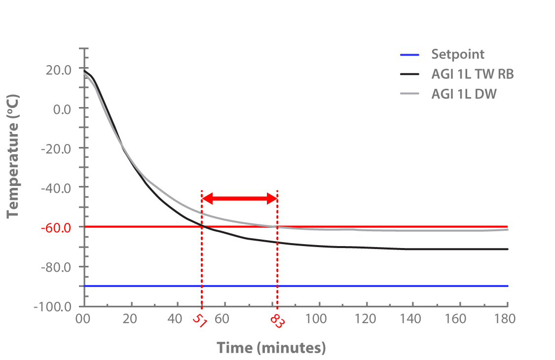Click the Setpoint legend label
pos(458,55)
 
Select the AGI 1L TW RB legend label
pos(473,74)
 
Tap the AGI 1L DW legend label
pos(463,93)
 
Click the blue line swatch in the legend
pos(410,55)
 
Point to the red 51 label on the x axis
pos(200,322)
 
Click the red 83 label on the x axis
pos(277,322)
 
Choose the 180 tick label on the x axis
pos(505,319)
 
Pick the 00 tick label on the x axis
pos(84,319)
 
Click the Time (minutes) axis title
pos(271,348)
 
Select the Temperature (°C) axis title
pos(13,163)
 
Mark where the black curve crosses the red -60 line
pos(202,227)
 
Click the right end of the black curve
pos(507,249)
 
